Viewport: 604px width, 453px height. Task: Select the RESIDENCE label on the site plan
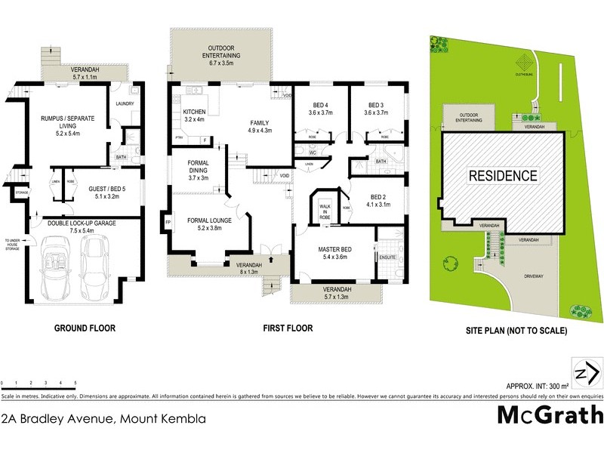click(504, 176)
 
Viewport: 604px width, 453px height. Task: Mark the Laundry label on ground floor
click(124, 103)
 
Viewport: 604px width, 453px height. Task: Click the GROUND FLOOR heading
click(84, 328)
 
